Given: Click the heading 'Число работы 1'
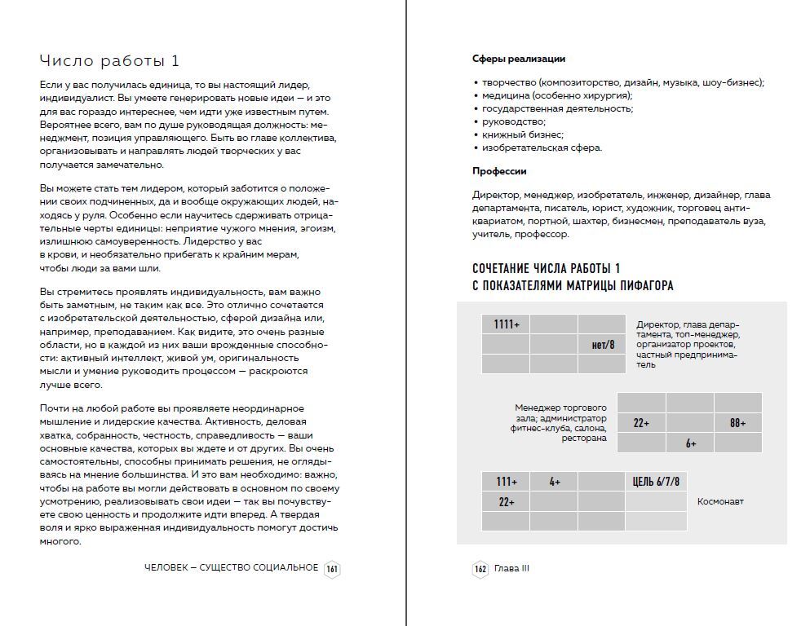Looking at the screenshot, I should (x=109, y=61).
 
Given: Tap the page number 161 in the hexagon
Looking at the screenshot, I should (x=332, y=569).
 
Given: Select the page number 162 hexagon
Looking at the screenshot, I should (x=480, y=569).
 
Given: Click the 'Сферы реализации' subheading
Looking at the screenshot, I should (x=518, y=59).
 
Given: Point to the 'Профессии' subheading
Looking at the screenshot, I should (x=499, y=171).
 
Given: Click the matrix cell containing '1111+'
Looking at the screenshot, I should (x=507, y=324).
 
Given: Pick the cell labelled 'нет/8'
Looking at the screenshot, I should (x=602, y=345).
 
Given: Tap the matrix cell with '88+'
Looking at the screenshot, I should (x=737, y=423).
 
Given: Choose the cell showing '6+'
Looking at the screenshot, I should (x=690, y=443).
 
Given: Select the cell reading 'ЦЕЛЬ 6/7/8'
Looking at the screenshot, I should (x=656, y=482).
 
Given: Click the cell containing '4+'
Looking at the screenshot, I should (x=555, y=482).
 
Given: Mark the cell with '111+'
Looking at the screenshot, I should (x=507, y=482).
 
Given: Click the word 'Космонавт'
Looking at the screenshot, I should (x=720, y=502).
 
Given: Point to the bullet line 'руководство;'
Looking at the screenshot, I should (x=514, y=121).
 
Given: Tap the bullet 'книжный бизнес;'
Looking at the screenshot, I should (x=523, y=134).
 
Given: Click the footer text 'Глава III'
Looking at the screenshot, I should (x=511, y=569).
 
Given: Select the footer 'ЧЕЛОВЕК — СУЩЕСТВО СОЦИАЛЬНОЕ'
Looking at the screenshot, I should (x=231, y=568).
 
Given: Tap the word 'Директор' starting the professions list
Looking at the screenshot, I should (x=495, y=195).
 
